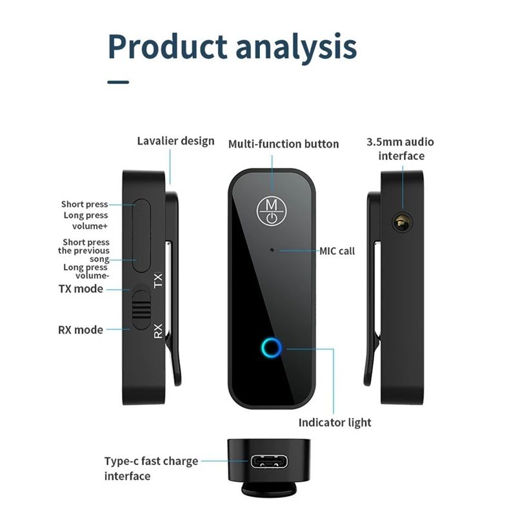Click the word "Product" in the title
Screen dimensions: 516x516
(x=168, y=46)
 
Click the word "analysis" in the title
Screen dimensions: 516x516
(x=297, y=48)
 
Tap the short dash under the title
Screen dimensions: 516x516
(x=118, y=82)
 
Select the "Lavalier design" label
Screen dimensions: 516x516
(x=175, y=141)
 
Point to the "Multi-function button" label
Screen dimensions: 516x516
(x=284, y=144)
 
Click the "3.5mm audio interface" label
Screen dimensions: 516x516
(x=401, y=149)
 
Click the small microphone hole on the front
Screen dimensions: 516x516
(x=272, y=250)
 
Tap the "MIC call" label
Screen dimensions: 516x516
(x=337, y=251)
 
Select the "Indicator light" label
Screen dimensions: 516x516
(x=335, y=422)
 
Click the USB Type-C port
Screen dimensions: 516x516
(x=269, y=461)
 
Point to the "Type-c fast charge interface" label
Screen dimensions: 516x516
(x=151, y=468)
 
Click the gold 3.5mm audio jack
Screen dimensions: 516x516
(x=402, y=223)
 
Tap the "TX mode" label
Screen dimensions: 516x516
(x=81, y=289)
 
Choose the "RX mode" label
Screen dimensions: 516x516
(x=81, y=330)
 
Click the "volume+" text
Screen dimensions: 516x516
(x=90, y=226)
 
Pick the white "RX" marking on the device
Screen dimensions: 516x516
(x=158, y=331)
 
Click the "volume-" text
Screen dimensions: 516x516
(x=92, y=276)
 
